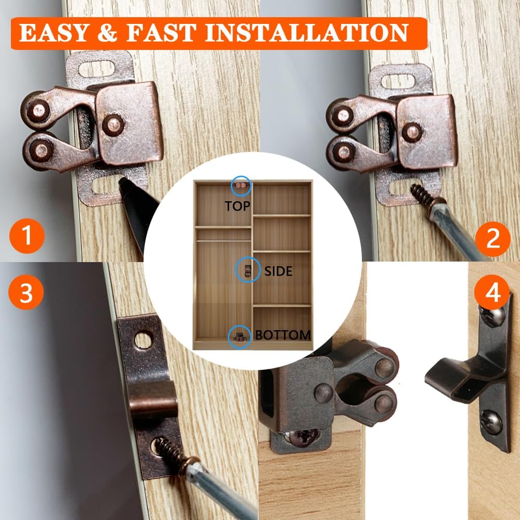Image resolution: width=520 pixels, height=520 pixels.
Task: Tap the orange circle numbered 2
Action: click(x=492, y=238)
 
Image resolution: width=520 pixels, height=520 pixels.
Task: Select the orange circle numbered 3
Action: click(x=26, y=293)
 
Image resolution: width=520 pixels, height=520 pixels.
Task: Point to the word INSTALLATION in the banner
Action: click(x=307, y=33)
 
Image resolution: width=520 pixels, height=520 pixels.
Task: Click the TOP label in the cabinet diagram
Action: click(x=238, y=206)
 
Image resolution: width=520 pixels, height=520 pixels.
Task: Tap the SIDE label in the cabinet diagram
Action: click(x=278, y=271)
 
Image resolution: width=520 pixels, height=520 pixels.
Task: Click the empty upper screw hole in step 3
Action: click(x=142, y=340)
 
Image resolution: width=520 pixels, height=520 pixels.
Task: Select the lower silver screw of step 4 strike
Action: click(x=491, y=422)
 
